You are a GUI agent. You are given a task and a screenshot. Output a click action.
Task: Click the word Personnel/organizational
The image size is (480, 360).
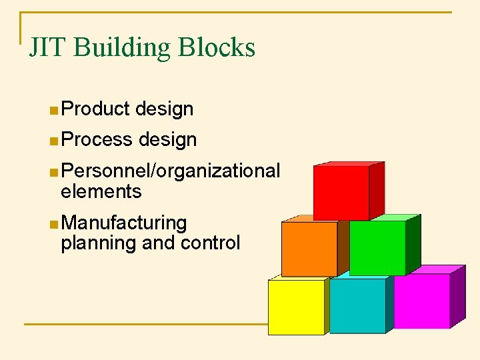click(170, 171)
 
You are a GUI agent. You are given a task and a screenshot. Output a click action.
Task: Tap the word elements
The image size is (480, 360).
click(101, 192)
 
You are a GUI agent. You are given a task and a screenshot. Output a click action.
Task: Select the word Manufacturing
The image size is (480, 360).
click(123, 222)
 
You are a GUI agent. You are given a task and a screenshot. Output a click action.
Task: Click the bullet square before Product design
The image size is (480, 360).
click(53, 109)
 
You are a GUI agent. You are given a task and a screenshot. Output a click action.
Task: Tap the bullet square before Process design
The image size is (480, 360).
click(53, 140)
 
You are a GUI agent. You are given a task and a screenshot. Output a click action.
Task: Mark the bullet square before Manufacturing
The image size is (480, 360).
click(53, 223)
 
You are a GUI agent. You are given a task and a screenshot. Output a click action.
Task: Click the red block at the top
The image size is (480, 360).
click(342, 193)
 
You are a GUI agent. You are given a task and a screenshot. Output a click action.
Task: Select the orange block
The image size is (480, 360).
click(309, 248)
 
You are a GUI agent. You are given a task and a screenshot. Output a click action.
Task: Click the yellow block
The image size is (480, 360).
click(296, 306)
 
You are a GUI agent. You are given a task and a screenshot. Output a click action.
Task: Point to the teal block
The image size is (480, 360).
click(357, 305)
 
